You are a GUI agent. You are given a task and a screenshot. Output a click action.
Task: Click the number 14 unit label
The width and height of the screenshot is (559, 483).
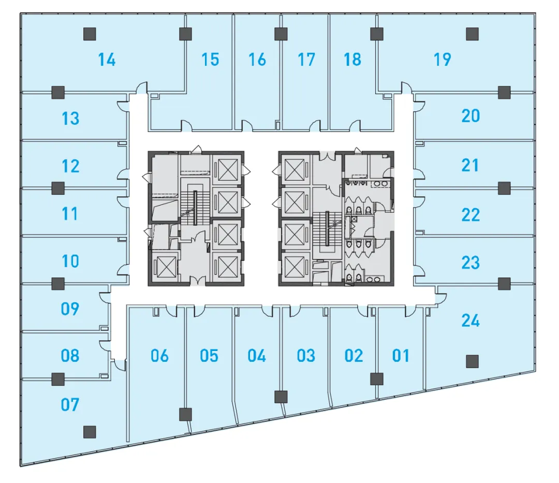pos(107,60)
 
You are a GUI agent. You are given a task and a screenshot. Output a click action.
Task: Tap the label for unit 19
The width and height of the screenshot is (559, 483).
pos(442,60)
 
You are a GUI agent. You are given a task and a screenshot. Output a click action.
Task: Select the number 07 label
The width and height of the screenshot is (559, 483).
pos(70,404)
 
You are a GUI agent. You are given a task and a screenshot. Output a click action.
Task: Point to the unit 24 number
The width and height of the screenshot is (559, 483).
pos(470,321)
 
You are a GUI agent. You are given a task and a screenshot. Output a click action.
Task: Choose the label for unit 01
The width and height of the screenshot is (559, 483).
pos(401,356)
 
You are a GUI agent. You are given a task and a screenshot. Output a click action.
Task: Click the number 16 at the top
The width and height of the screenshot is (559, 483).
pos(257,60)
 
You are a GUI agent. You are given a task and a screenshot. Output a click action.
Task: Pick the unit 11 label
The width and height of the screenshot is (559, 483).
pos(70,213)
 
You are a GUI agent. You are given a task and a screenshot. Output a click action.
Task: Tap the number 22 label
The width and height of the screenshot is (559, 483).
pos(470,214)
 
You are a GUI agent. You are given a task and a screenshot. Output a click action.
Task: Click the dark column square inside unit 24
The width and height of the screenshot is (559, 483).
pos(472,361)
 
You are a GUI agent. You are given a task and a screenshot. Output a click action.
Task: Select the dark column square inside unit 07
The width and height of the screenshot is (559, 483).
pos(90,431)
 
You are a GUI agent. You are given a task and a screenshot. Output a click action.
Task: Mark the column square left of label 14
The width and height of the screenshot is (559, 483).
pos(90,34)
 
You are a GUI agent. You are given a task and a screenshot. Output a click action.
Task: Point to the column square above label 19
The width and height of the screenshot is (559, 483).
pos(472,34)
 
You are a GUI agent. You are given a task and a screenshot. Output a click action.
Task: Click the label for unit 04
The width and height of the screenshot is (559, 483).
pos(257,356)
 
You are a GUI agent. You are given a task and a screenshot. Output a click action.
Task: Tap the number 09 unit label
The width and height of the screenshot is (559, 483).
pos(70,309)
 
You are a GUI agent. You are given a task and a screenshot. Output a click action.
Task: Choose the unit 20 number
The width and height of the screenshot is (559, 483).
pos(470,116)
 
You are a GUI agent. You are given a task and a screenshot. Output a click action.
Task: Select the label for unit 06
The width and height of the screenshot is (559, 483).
pos(159,356)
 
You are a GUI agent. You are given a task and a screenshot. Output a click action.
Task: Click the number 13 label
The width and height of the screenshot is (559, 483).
pos(70,119)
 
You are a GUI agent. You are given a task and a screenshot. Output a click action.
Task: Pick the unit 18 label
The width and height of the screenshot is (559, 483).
pos(352,60)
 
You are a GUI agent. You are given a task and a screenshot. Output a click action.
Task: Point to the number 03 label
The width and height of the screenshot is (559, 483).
pos(306,356)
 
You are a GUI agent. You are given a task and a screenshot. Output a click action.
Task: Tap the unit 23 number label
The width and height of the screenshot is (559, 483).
pos(470,262)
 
